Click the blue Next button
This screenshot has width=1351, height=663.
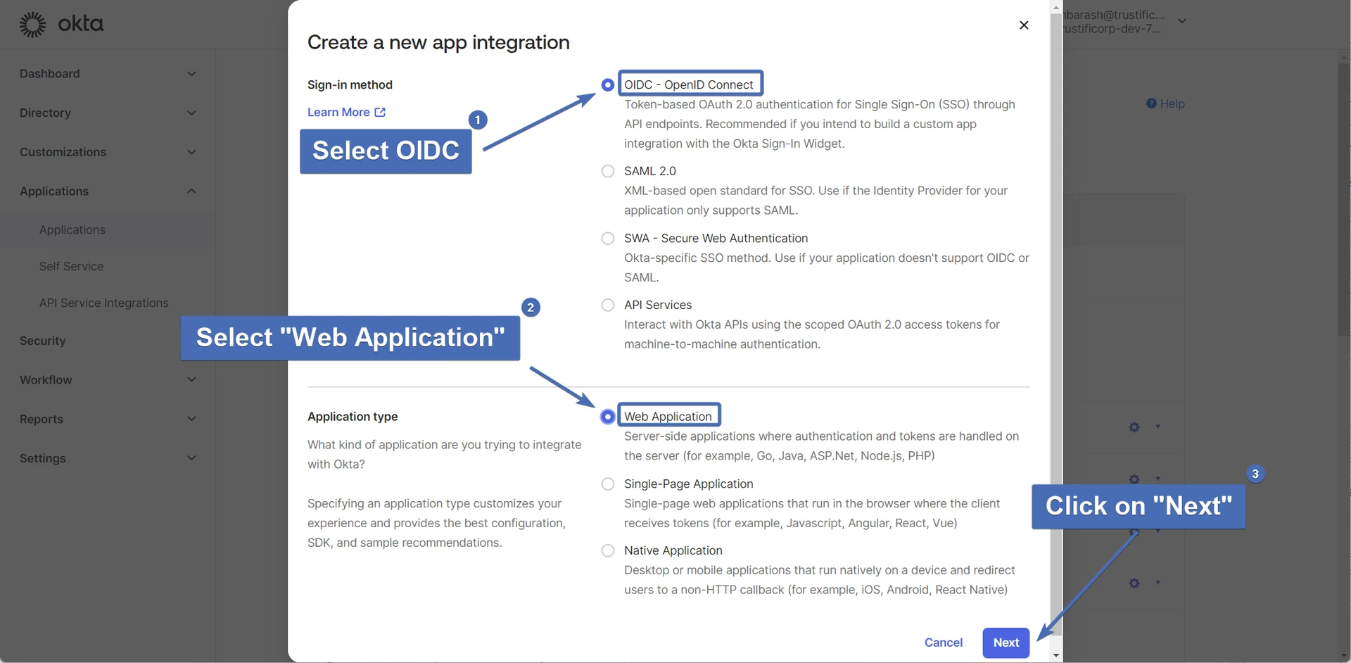[x=1006, y=643]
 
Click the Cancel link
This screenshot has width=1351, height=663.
[x=943, y=643]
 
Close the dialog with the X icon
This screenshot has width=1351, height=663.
[x=1024, y=25]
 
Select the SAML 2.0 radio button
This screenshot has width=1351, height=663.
[x=608, y=171]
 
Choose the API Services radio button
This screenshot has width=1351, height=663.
[x=608, y=305]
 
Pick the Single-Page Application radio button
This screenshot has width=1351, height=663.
[x=608, y=484]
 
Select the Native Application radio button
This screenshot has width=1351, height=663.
[x=608, y=550]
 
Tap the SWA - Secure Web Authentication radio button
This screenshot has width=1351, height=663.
[x=608, y=239]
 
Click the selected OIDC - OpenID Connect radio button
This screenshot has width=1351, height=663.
[x=608, y=84]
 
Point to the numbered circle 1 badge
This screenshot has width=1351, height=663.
[x=478, y=120]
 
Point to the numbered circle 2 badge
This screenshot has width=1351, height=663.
[x=531, y=308]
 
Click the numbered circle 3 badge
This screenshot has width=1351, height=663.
[x=1255, y=474]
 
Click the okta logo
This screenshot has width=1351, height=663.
[x=61, y=24]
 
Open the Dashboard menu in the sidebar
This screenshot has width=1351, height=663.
[x=108, y=74]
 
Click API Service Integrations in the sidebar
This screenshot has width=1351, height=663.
[x=104, y=303]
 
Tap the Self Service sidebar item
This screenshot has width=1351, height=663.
[x=71, y=267]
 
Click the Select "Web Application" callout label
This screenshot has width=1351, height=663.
[x=350, y=338]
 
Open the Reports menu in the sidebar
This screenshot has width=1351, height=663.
[x=108, y=419]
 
